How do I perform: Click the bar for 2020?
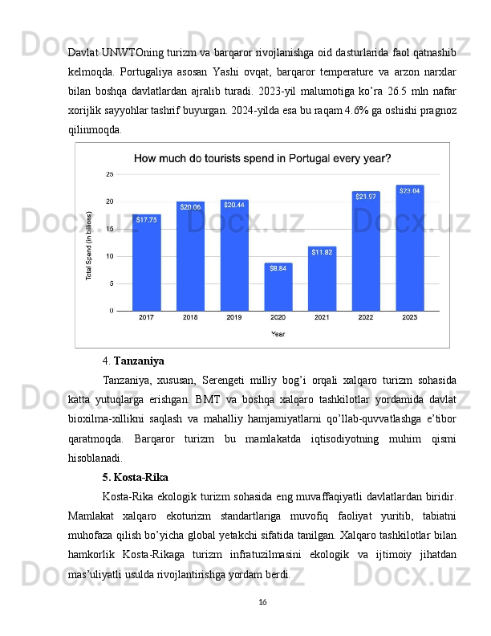[x=278, y=287]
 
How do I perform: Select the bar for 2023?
[x=409, y=249]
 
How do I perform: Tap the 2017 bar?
[x=146, y=263]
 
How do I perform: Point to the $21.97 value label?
[x=366, y=197]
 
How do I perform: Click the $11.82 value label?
[x=322, y=252]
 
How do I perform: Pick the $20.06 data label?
[x=190, y=207]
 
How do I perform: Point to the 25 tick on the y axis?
[x=109, y=174]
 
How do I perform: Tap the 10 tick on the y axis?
[x=109, y=256]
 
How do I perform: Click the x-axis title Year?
[x=278, y=333]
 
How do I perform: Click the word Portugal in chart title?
[x=298, y=158]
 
